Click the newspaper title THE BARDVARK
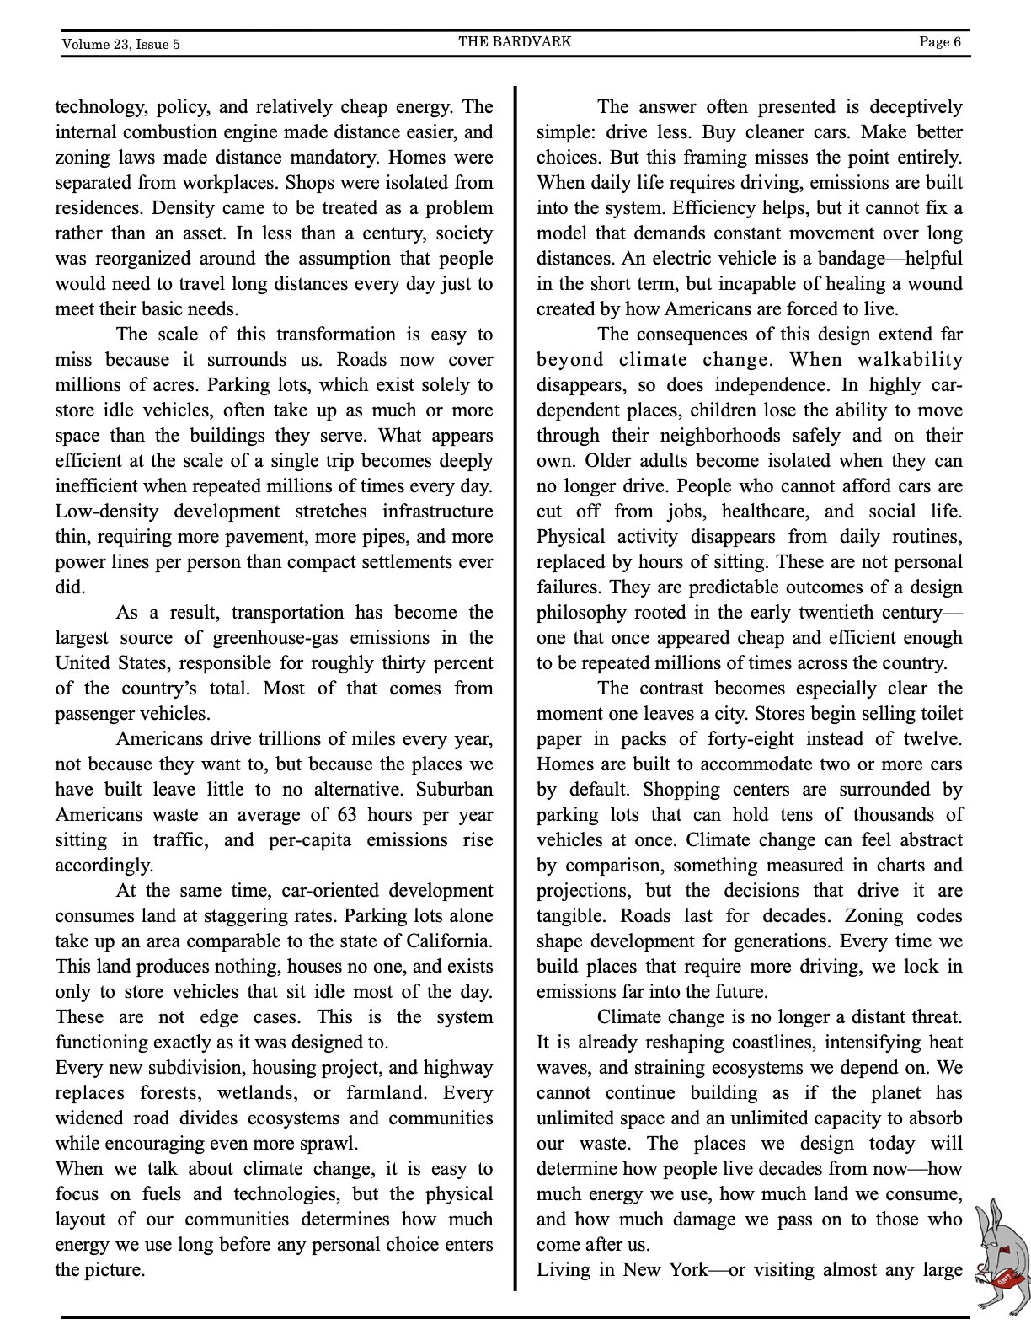(515, 41)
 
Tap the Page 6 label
(940, 42)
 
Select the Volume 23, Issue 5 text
(120, 44)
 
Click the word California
(449, 941)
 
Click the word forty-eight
(749, 739)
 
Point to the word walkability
(910, 360)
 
